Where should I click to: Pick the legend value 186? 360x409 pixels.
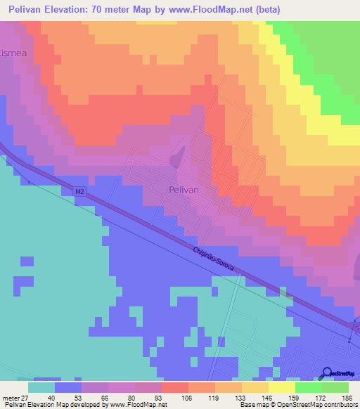coord(347,398)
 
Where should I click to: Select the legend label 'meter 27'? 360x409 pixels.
coord(16,398)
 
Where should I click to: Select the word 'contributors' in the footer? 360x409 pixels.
coord(340,405)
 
